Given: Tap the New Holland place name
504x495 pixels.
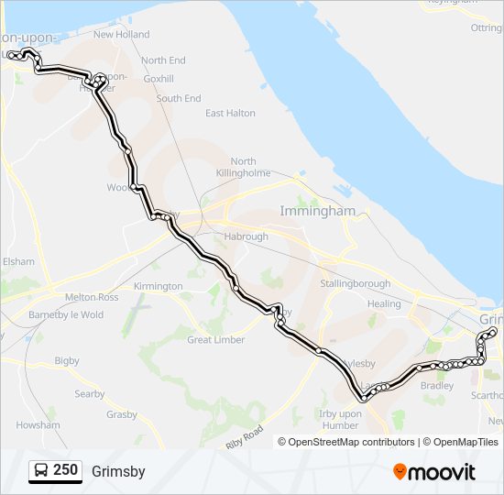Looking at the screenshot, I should coord(121,35).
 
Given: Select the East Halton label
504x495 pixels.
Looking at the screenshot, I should coord(230,114).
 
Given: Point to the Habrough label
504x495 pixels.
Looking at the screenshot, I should coord(246,236).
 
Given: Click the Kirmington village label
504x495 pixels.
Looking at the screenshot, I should coord(158,287).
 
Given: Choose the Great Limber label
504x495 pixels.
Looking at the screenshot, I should coord(215,340).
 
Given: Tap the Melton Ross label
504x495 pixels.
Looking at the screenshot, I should coord(92,298).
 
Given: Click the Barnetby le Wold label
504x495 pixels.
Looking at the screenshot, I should coord(66,314).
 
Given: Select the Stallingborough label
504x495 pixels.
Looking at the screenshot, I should coord(356,284).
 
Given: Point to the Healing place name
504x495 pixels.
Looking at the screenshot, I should coord(384,304).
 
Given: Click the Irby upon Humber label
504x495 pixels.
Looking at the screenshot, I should coord(339,419).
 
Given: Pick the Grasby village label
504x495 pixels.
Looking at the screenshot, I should coord(121,415).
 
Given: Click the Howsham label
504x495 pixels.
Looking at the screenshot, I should coord(38,425).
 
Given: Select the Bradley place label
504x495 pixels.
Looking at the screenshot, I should coord(437,386).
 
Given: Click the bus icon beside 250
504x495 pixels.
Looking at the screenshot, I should coord(41,471).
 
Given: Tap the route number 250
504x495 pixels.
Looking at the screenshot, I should coord(66,471).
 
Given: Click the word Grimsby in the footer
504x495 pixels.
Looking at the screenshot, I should coord(118,472).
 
